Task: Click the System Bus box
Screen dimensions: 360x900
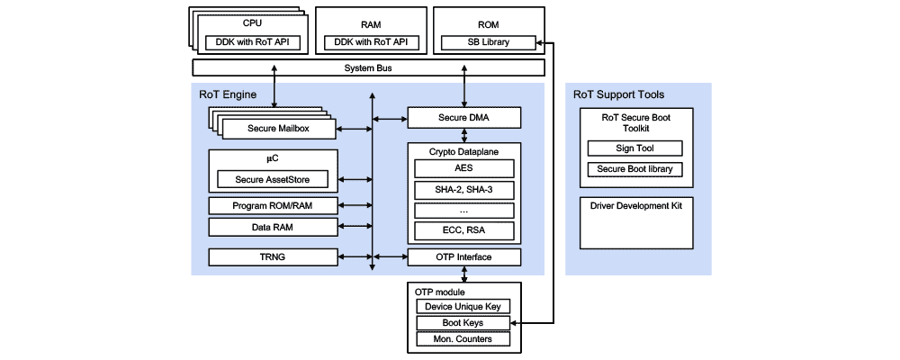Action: tap(369, 67)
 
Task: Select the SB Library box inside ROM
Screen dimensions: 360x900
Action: tap(488, 42)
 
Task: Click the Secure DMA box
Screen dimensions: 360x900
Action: tap(464, 118)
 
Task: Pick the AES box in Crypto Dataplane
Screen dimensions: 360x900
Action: tap(464, 168)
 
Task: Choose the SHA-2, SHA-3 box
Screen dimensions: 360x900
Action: tap(464, 189)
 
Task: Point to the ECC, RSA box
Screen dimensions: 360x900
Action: tap(464, 230)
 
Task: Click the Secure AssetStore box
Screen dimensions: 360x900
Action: tap(273, 179)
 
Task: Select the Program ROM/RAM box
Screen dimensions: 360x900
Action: tap(273, 205)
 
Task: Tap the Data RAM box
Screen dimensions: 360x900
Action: tap(273, 227)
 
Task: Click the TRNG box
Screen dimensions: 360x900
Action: tap(273, 257)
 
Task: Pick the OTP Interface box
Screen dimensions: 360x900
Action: tap(464, 257)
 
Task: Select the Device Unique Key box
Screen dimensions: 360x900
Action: tap(463, 306)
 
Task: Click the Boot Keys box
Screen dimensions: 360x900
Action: tap(463, 322)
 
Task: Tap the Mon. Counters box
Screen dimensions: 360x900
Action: tap(463, 339)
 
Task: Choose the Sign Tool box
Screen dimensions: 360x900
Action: tap(634, 148)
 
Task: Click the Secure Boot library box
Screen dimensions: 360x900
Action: tap(634, 169)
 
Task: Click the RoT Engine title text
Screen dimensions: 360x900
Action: tap(228, 94)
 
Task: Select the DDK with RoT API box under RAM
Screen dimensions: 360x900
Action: tap(369, 42)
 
